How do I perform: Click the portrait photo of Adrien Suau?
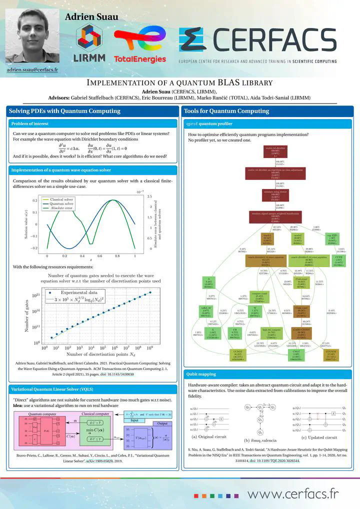click(x=31, y=34)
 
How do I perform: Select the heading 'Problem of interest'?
click(x=29, y=123)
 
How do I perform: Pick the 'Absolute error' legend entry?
click(x=62, y=208)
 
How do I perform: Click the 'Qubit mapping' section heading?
click(x=201, y=373)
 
